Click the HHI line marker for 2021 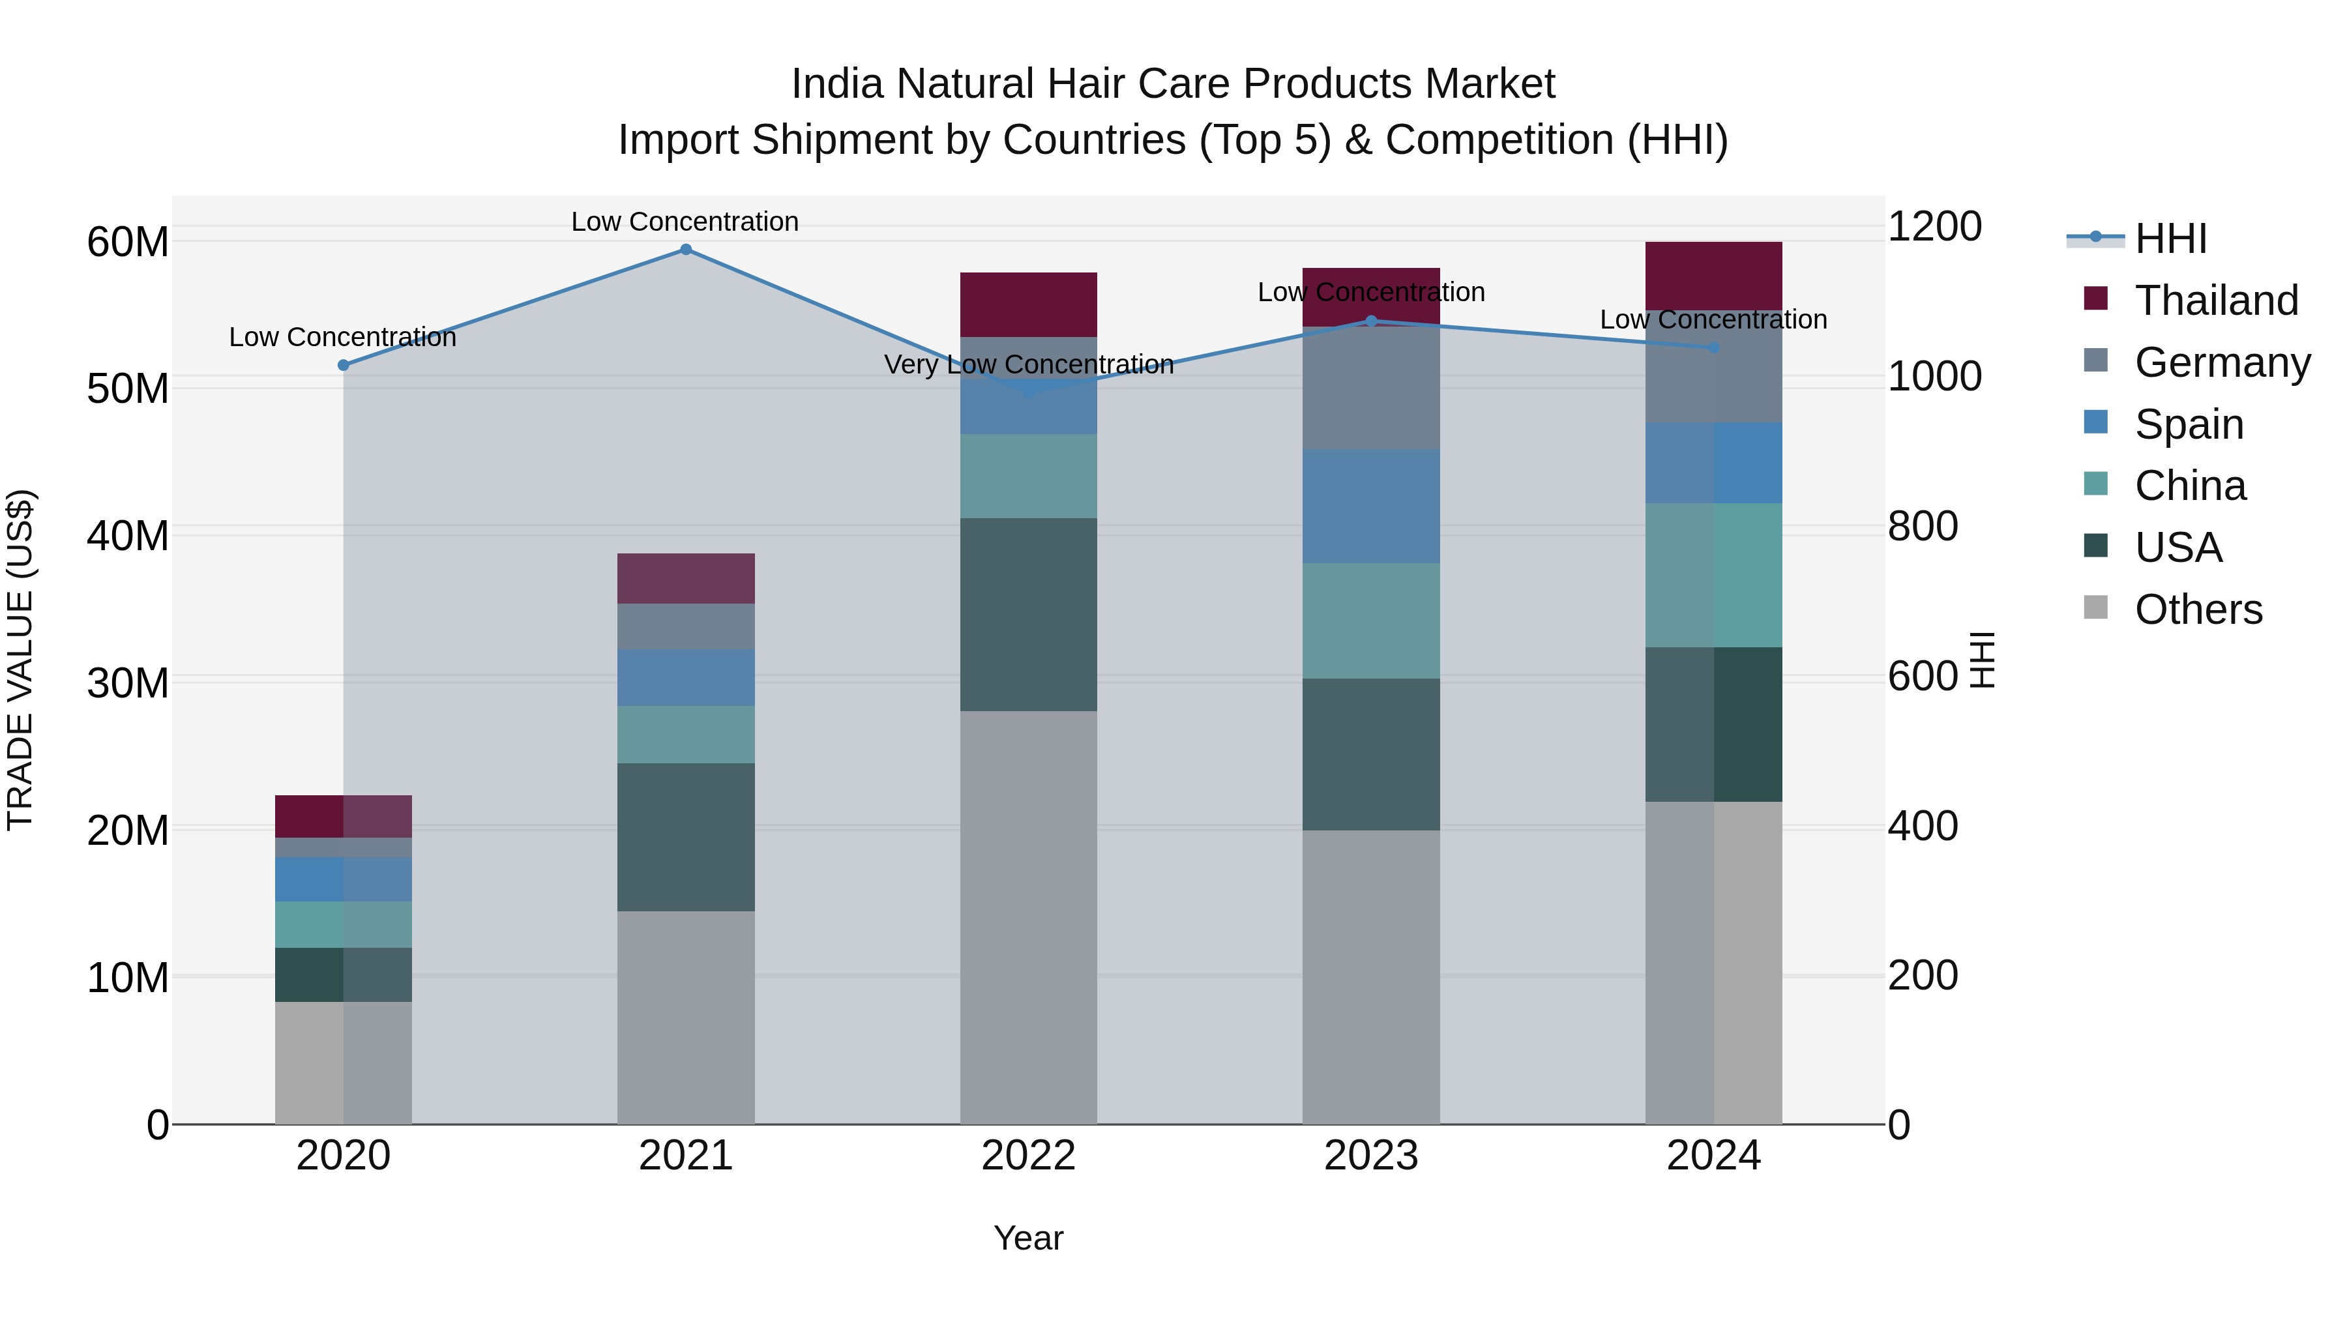coord(686,250)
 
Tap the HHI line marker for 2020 coord(344,365)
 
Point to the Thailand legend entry coord(2216,301)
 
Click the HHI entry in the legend coord(2170,239)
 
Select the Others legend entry coord(2198,609)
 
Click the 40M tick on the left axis coord(128,536)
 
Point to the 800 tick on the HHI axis coord(1923,527)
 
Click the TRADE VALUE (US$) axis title coord(20,660)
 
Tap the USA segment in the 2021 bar coord(686,836)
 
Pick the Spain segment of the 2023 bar coord(1370,506)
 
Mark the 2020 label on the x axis coord(344,1156)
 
